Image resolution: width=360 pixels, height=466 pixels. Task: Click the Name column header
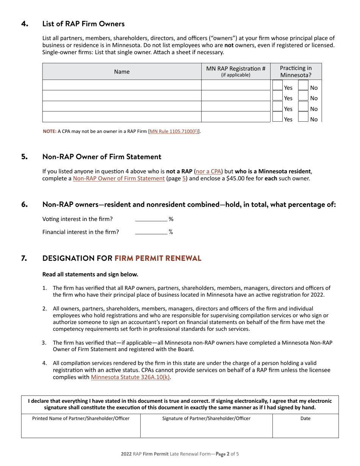pyautogui.click(x=122, y=72)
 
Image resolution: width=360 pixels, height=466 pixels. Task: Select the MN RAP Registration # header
pyautogui.click(x=235, y=71)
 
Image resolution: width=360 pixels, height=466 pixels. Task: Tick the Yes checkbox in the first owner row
pyautogui.click(x=277, y=86)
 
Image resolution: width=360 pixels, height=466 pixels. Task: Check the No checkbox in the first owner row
pyautogui.click(x=303, y=86)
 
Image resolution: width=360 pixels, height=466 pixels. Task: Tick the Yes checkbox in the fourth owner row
pyautogui.click(x=277, y=118)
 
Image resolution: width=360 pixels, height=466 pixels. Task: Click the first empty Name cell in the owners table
pyautogui.click(x=122, y=85)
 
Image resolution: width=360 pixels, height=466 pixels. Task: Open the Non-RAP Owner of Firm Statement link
pyautogui.click(x=119, y=178)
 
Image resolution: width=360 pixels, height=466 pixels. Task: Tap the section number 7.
pyautogui.click(x=24, y=258)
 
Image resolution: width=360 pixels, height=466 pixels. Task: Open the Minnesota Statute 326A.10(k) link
pyautogui.click(x=130, y=377)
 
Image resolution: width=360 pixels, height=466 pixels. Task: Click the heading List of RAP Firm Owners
pyautogui.click(x=83, y=24)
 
